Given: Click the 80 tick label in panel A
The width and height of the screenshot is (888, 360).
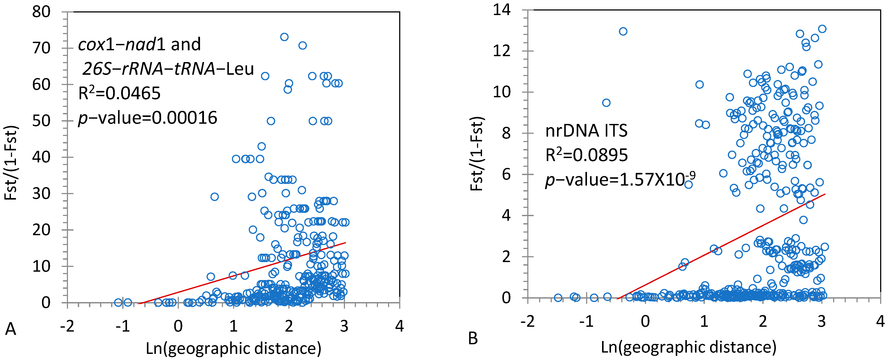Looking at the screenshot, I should coord(41,12).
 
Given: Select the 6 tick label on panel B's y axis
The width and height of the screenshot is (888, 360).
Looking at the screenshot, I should coord(506,174).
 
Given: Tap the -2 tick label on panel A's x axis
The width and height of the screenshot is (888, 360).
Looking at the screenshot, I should coord(67,326).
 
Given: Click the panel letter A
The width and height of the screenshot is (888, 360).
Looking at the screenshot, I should coord(10,329).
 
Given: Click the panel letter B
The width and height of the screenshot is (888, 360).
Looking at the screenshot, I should coord(473,339).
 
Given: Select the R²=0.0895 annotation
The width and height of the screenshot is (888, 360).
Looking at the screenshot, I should coord(586,155).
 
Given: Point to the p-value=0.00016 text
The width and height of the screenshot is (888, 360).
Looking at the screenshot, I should coord(148,118).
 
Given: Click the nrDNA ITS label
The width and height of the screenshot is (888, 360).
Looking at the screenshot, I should coord(586,131).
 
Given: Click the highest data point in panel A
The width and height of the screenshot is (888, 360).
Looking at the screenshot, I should coord(284,37).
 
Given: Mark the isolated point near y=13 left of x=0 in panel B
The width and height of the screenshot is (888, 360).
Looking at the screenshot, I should coord(623,31).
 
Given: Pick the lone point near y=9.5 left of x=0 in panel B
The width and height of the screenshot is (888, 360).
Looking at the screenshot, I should coord(606,103).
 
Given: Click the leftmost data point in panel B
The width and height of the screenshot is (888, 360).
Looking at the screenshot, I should coord(558,297).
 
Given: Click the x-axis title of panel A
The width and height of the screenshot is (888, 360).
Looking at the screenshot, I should coord(233,348).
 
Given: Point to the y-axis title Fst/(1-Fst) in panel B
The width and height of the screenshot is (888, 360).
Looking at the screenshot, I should coord(477,153).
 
